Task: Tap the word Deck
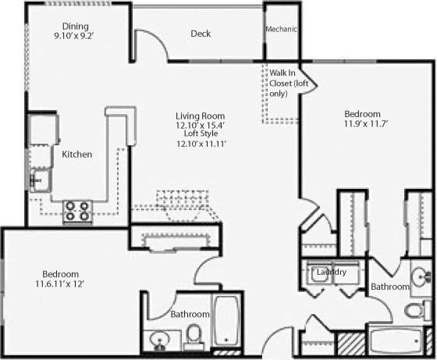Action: click(201, 34)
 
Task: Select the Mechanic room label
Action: click(282, 30)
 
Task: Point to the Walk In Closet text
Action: click(282, 83)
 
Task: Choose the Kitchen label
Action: click(77, 155)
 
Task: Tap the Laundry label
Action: click(333, 272)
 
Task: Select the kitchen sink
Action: click(38, 181)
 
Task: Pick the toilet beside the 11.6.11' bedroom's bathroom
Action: click(193, 337)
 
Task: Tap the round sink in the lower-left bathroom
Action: click(160, 340)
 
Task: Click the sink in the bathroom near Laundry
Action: click(422, 277)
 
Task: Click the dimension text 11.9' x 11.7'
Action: click(366, 123)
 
